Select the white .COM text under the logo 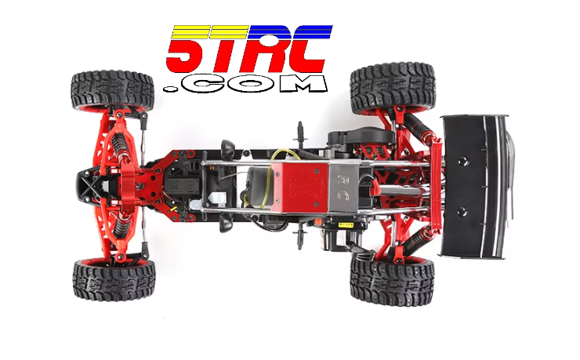tap(245, 84)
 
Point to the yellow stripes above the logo tap(210, 32)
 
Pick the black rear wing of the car tap(475, 187)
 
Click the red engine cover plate tap(299, 187)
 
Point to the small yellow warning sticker tap(346, 225)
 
